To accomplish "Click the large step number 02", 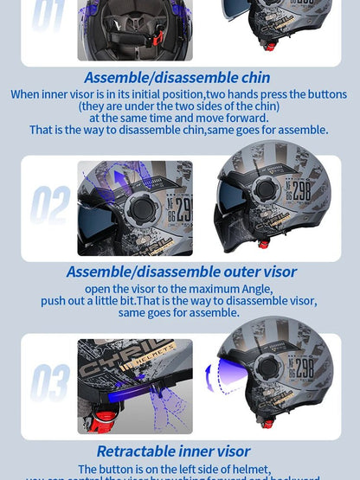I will click(x=50, y=206).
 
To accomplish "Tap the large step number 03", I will click(x=50, y=383).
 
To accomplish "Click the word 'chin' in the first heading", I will click(x=253, y=78).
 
